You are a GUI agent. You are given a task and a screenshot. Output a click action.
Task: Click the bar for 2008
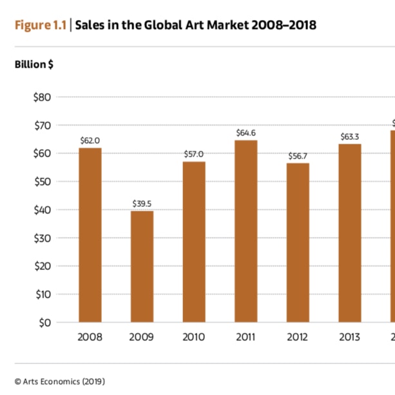point(90,235)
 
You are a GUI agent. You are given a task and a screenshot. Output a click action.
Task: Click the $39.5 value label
point(142,204)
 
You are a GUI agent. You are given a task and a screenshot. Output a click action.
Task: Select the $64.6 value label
point(246,133)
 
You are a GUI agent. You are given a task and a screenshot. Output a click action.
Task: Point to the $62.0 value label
point(90,140)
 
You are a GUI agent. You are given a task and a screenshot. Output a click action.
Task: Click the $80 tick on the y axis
point(43,97)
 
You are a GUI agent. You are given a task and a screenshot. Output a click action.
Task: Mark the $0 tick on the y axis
point(45,322)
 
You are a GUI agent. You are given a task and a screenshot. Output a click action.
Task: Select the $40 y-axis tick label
point(43,210)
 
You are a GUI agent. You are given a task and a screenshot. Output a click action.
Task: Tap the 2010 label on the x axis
point(194,337)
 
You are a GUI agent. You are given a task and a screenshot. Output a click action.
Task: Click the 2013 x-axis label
point(350,337)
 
